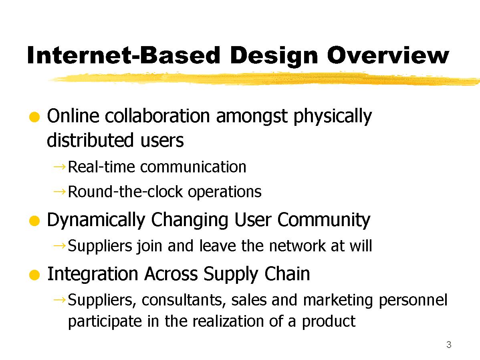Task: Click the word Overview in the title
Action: (x=388, y=55)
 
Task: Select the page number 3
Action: (x=449, y=345)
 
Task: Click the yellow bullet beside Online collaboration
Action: (x=34, y=117)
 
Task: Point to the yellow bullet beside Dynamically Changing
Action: (x=34, y=221)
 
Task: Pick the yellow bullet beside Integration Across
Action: (x=34, y=275)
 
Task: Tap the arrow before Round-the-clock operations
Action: (x=59, y=192)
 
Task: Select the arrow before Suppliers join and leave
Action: (x=59, y=245)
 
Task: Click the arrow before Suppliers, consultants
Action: (x=59, y=299)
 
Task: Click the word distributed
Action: (x=90, y=140)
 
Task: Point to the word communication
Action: (x=193, y=167)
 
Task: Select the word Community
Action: (x=324, y=220)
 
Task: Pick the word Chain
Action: (x=287, y=274)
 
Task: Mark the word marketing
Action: (x=338, y=301)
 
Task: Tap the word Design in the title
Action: (x=274, y=56)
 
